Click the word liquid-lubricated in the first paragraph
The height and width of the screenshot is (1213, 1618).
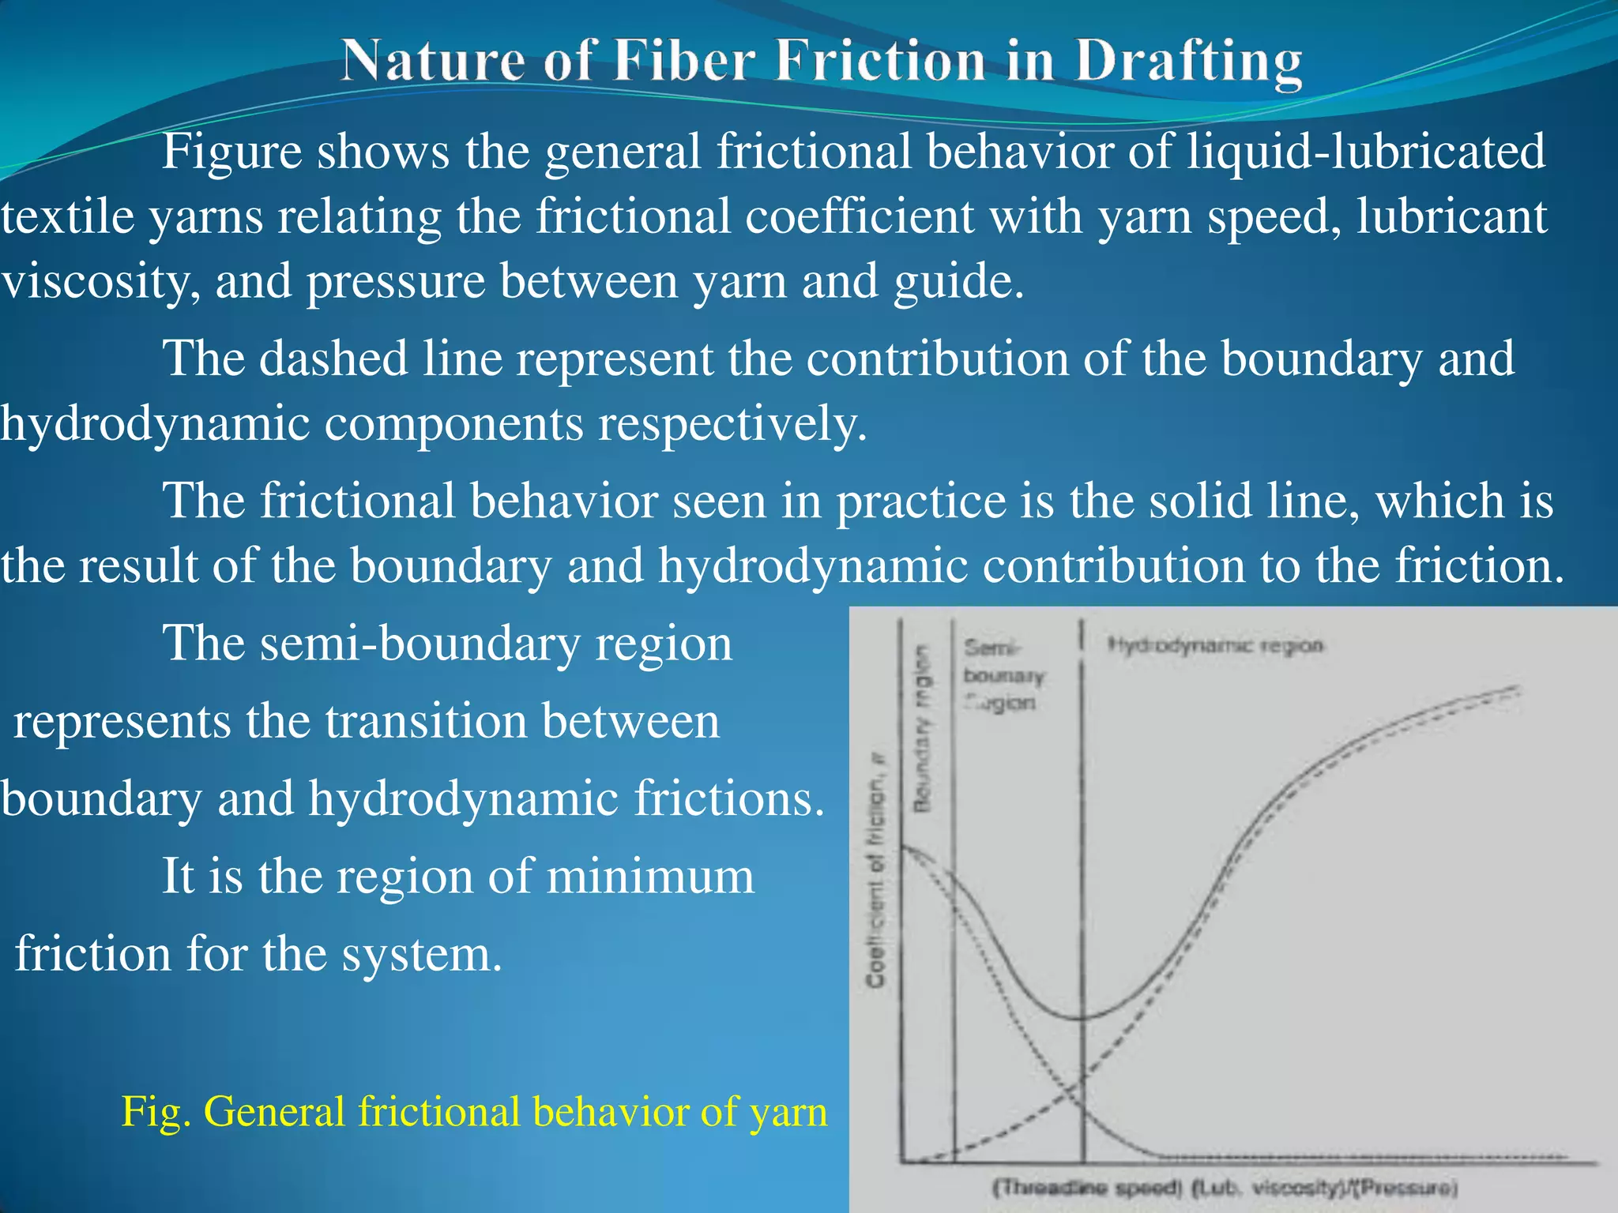click(x=1366, y=152)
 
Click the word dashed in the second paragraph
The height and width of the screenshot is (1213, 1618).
click(x=333, y=359)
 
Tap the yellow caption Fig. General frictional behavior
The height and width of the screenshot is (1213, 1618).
click(x=474, y=1112)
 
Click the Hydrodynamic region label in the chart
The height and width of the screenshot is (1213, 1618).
click(x=1214, y=645)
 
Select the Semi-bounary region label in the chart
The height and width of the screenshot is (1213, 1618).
click(x=1002, y=675)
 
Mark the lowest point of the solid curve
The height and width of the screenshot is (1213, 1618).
click(x=1080, y=1018)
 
